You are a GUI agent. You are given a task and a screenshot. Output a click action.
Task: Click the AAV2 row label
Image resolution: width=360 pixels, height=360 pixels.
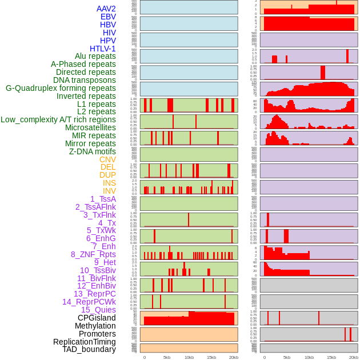[106, 9]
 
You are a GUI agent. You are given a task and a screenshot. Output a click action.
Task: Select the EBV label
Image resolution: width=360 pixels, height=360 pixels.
[108, 17]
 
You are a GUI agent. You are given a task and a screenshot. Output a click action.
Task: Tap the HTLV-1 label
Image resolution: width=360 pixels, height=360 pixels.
[102, 49]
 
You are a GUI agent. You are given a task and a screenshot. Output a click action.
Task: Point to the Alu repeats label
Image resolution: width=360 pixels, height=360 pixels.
[95, 56]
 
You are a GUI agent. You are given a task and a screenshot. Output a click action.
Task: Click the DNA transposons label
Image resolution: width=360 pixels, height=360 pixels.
[85, 80]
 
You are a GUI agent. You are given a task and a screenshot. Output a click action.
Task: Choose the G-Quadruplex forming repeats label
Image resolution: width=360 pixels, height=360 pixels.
[61, 88]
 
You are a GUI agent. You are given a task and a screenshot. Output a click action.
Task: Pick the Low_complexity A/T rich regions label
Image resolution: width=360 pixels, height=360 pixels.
[58, 119]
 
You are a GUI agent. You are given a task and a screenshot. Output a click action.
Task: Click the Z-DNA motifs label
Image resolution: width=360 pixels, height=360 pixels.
[93, 151]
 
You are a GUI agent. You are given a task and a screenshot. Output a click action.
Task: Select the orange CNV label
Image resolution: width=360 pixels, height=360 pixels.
[107, 159]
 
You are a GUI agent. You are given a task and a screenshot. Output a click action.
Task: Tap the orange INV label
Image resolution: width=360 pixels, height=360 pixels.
[109, 191]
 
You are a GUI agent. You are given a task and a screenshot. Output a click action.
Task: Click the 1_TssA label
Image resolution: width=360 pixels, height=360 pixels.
[103, 199]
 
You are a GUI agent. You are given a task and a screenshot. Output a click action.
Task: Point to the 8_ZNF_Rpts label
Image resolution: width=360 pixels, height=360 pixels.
[93, 254]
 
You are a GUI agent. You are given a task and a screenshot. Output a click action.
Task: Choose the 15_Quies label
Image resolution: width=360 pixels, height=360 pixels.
[98, 310]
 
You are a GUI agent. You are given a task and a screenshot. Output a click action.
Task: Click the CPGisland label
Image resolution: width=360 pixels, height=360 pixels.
[97, 318]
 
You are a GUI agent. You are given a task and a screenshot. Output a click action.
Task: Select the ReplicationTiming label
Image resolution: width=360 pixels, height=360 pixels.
[84, 342]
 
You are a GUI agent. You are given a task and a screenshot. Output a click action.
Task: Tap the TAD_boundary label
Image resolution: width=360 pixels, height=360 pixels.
[89, 349]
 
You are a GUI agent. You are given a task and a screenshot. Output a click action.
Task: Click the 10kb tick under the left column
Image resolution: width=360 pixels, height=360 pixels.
[189, 357]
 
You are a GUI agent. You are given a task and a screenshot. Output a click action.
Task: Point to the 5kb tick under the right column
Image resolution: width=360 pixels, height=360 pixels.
[287, 357]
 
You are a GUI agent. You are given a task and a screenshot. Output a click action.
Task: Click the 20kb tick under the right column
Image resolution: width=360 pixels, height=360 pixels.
[354, 357]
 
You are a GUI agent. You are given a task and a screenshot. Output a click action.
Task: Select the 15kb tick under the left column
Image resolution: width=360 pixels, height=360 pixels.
[211, 357]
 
